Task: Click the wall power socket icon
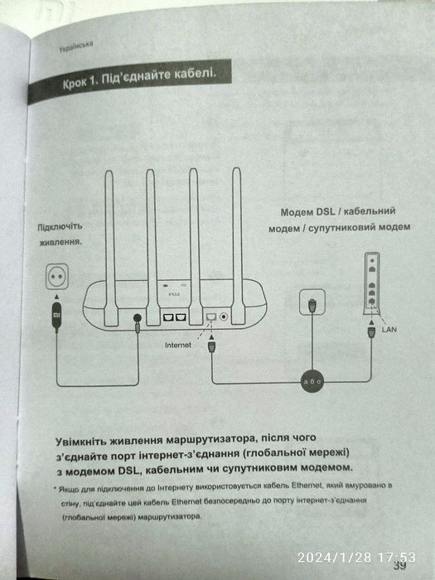pos(56,277)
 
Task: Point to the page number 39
pos(400,566)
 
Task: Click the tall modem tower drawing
pos(371,284)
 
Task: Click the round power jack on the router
pos(136,317)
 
